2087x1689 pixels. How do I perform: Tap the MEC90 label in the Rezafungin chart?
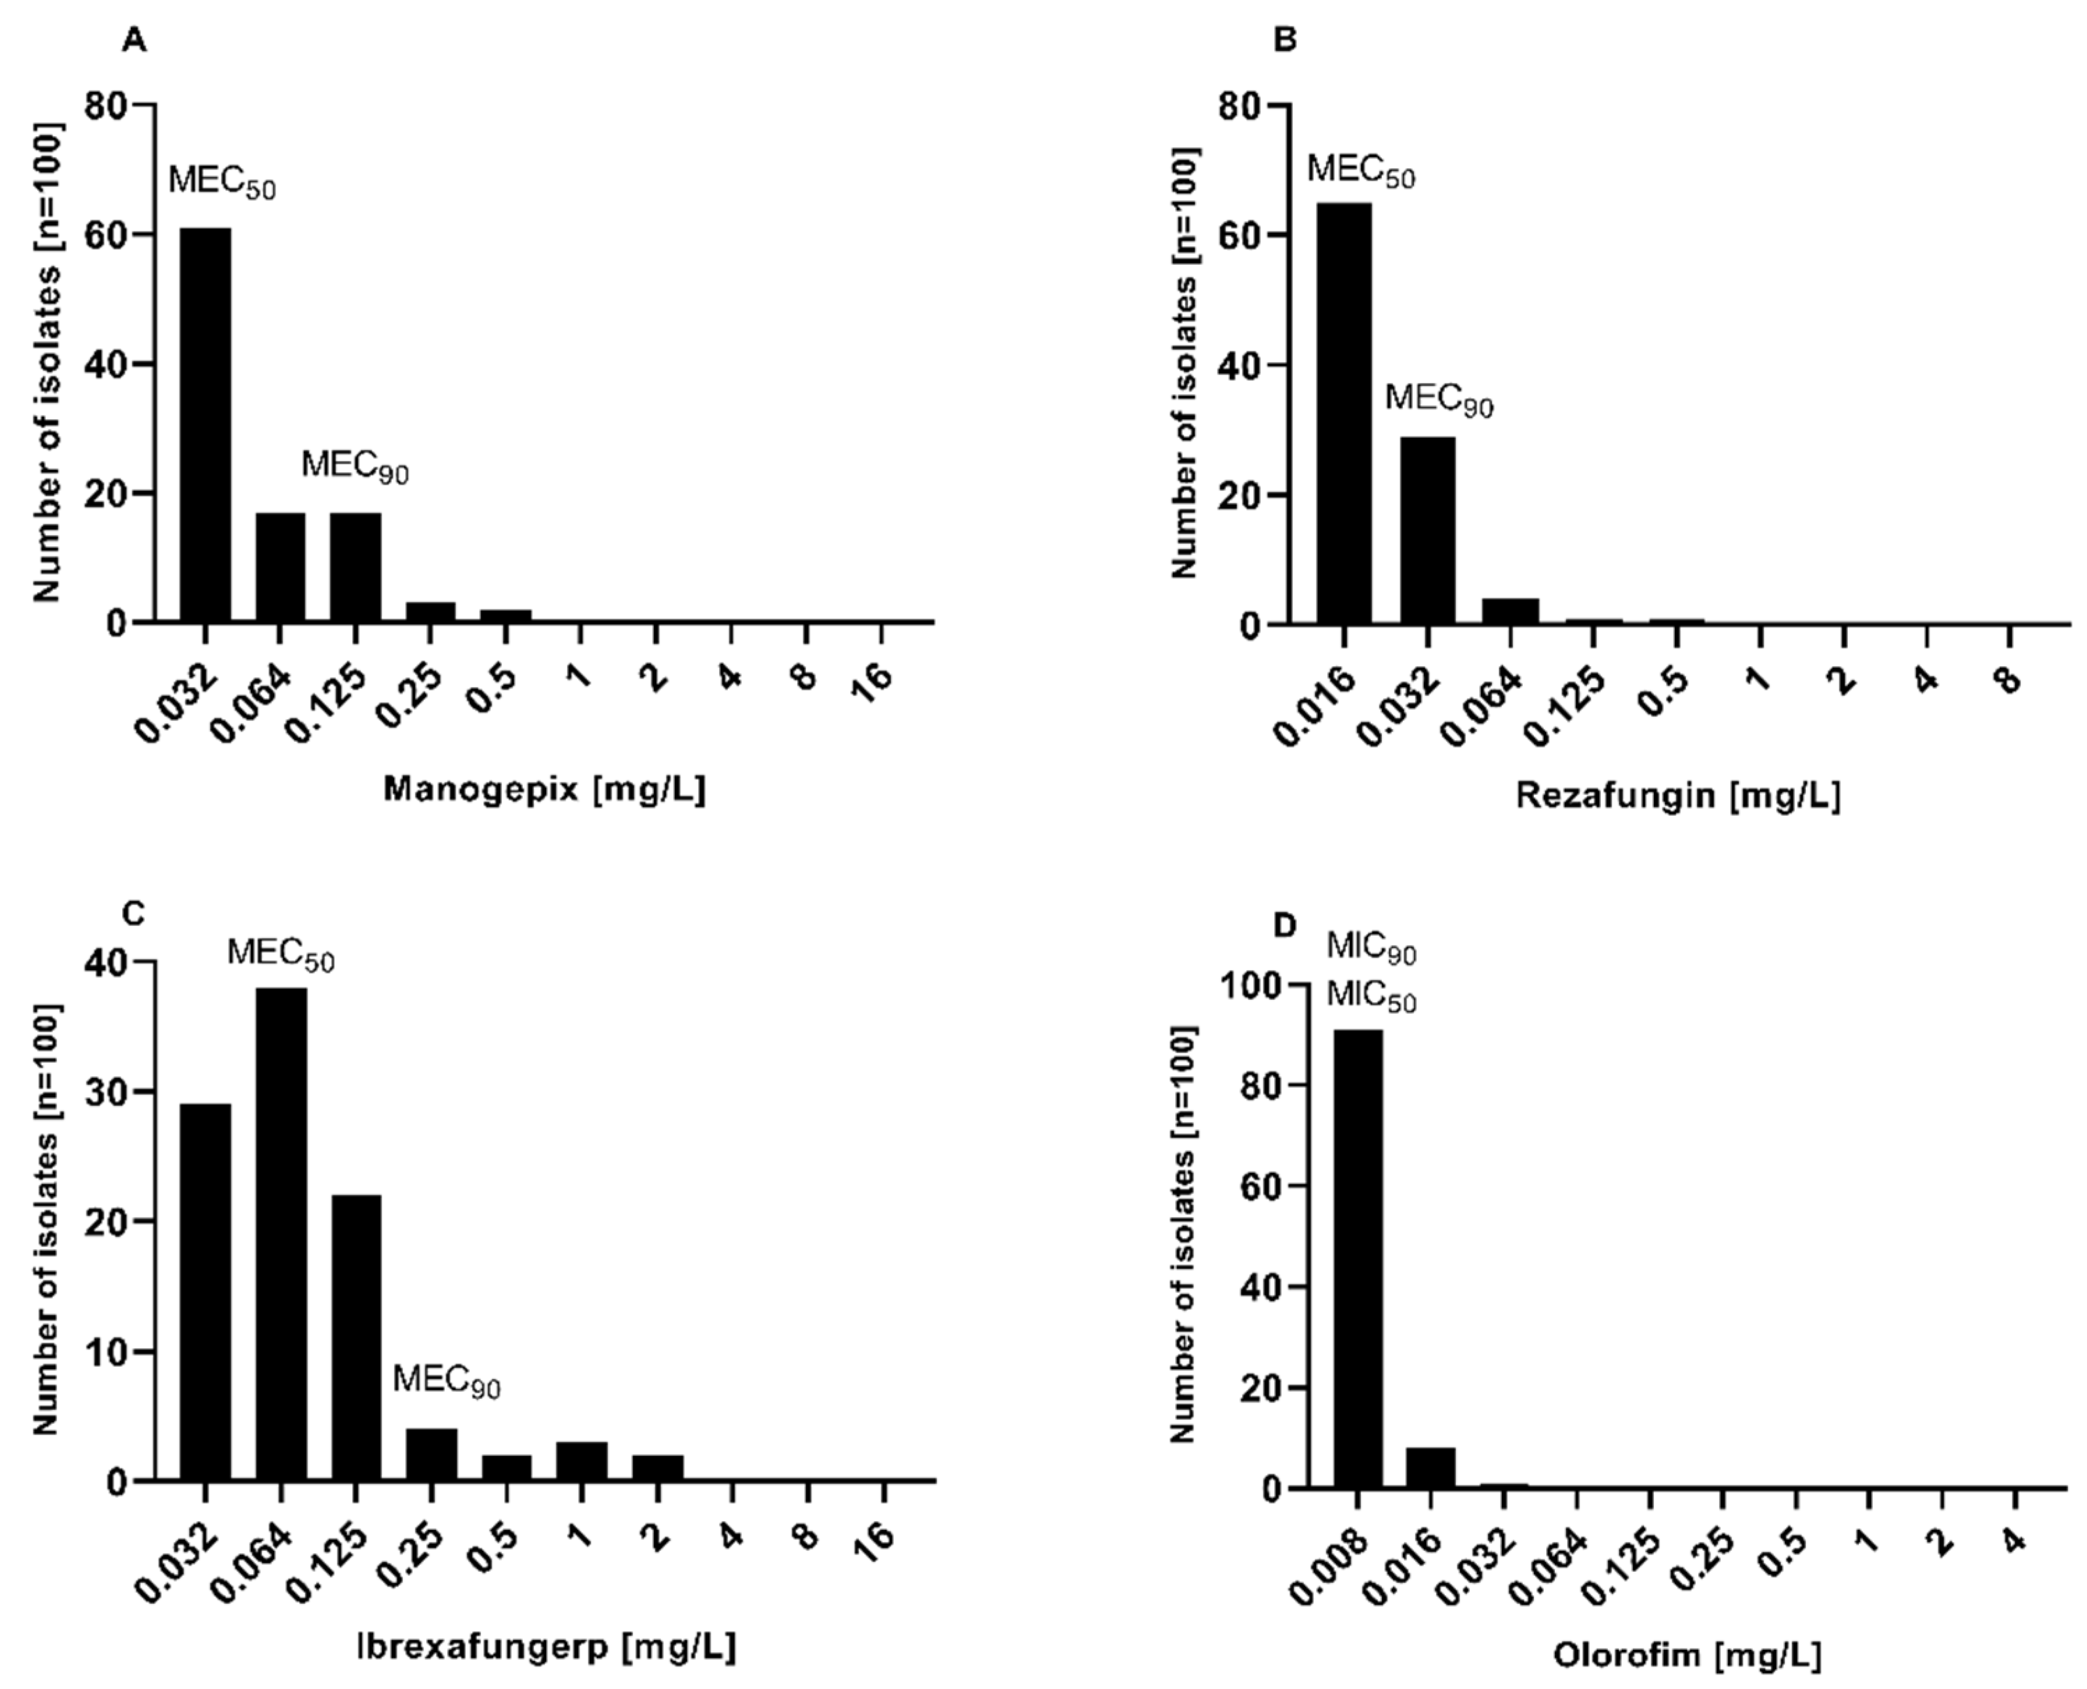[1438, 400]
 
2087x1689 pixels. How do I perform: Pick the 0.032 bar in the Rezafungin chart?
[1427, 530]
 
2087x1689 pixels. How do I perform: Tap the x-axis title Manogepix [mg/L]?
[544, 789]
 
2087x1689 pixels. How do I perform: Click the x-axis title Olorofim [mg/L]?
[1686, 1655]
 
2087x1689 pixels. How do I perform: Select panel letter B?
[1285, 41]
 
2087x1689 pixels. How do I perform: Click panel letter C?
[133, 914]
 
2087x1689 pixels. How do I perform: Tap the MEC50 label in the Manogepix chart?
[222, 182]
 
